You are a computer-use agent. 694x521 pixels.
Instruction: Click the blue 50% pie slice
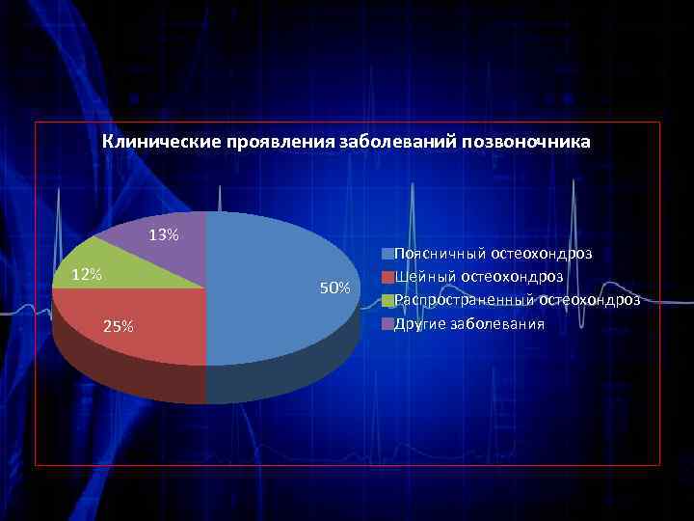[280, 289]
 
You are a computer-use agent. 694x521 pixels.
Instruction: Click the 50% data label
[334, 288]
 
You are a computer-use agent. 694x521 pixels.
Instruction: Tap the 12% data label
[88, 275]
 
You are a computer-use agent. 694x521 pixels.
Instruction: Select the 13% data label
[163, 234]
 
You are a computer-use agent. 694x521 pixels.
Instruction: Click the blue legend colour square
[387, 254]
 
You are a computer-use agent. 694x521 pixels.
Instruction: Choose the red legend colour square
[387, 277]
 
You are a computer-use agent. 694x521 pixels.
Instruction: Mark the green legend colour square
[387, 300]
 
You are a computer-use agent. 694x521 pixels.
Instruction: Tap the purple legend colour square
[387, 323]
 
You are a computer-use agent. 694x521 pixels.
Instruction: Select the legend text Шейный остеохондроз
[479, 277]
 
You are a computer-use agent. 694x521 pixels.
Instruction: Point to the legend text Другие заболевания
[469, 323]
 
